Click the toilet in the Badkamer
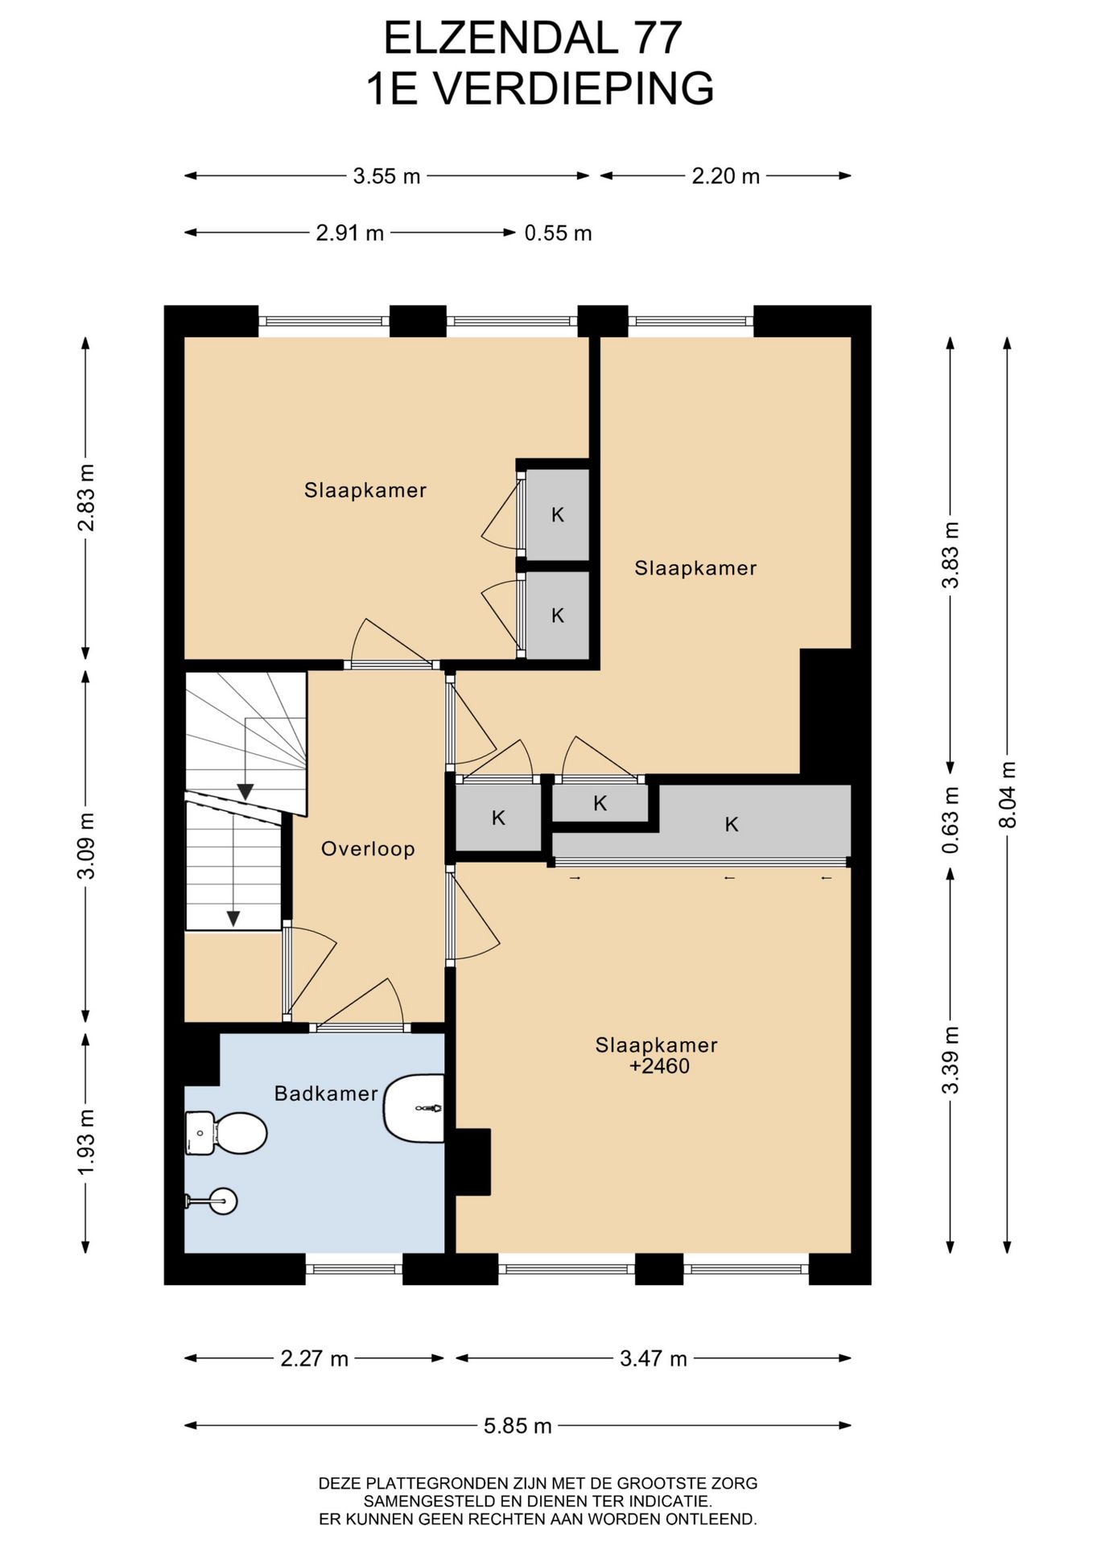(x=225, y=1133)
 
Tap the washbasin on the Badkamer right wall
(x=414, y=1108)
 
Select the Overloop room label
(x=368, y=849)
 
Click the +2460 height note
(x=660, y=1066)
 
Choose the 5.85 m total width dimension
(x=518, y=1426)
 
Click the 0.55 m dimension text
(x=558, y=233)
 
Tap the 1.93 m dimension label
(x=85, y=1142)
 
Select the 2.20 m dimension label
(x=725, y=176)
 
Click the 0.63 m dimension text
(x=951, y=820)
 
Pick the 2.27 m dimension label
(x=314, y=1359)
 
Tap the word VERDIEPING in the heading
(x=574, y=89)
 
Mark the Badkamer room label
(x=326, y=1094)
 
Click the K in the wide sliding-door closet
(x=732, y=824)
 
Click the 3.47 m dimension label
(x=653, y=1359)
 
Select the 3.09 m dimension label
(x=85, y=846)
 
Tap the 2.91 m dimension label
(x=349, y=233)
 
